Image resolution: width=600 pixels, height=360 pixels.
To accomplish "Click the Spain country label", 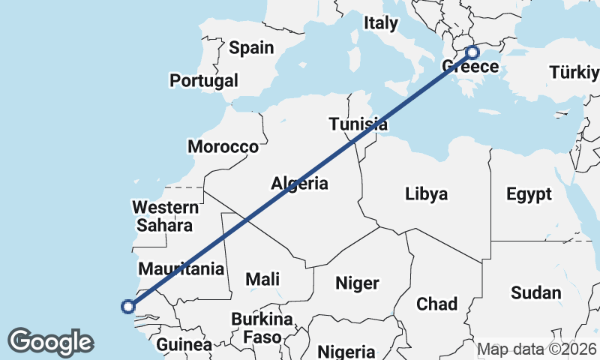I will click(x=251, y=48).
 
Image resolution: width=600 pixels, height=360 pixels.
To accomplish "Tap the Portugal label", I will click(x=204, y=80).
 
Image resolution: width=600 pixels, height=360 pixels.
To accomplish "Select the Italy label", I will click(x=381, y=23).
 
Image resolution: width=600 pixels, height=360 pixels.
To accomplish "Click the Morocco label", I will click(x=223, y=146).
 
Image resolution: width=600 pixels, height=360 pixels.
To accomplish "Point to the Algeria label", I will click(x=299, y=183).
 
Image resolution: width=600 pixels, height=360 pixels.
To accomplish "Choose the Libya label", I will click(x=426, y=194).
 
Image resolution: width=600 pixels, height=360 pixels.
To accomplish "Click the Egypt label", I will click(x=529, y=194).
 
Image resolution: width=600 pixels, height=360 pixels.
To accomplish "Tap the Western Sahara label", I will click(x=163, y=215).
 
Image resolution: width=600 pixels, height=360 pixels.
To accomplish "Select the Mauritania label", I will click(x=182, y=268).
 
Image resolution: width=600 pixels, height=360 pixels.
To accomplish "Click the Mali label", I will click(x=262, y=279).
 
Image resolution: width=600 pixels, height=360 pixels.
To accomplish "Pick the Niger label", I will click(x=357, y=283).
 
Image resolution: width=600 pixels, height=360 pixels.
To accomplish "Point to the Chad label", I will click(x=436, y=304).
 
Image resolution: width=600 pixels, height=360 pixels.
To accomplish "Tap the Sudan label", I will click(x=535, y=292).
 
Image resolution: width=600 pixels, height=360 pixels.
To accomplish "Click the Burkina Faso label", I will click(x=256, y=327).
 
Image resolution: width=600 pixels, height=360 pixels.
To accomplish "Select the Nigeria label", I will click(x=346, y=351).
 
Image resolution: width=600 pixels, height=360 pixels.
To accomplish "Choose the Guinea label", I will click(x=184, y=345).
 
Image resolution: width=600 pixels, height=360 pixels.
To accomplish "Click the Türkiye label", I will click(x=574, y=73).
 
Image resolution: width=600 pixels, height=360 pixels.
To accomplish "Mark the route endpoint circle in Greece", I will click(x=472, y=52).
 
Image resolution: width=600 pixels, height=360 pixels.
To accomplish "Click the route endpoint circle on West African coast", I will click(x=128, y=306).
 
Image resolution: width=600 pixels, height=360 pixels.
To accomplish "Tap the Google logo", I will click(x=50, y=342).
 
